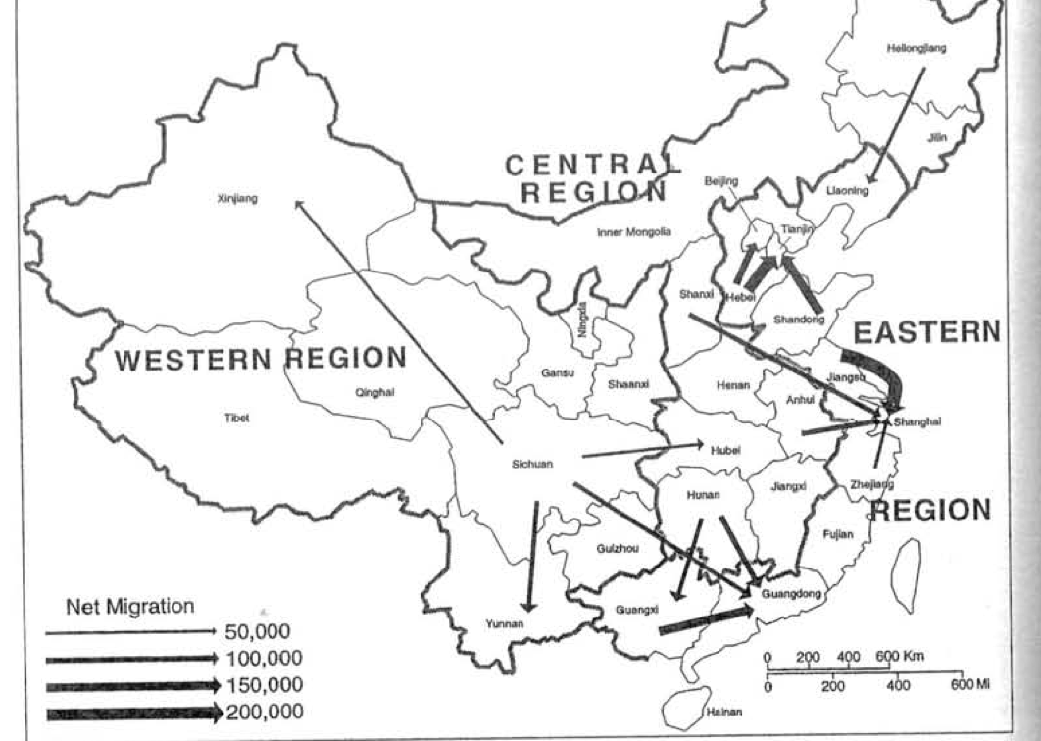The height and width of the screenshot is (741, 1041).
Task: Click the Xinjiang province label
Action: click(236, 199)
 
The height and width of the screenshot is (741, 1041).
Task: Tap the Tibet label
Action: click(236, 418)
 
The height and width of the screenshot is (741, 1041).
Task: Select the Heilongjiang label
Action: click(917, 47)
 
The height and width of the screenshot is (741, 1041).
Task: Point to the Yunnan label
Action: click(505, 623)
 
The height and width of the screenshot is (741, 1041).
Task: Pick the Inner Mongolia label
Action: click(634, 232)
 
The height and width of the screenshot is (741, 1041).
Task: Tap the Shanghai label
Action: click(918, 421)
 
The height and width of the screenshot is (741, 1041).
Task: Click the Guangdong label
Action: click(790, 594)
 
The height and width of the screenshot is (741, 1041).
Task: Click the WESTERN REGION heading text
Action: click(260, 359)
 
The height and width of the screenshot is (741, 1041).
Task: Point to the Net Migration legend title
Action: click(129, 607)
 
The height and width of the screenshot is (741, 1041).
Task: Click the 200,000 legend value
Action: click(264, 712)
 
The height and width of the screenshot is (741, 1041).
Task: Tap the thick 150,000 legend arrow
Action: click(132, 685)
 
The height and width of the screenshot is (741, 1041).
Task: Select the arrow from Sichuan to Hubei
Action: click(642, 450)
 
